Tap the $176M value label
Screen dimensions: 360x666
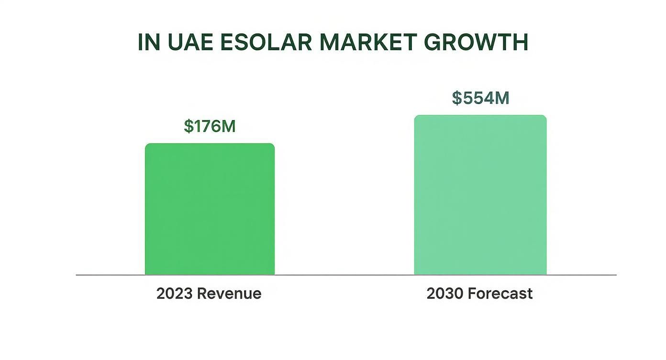coord(210,126)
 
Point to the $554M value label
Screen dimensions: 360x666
coord(480,98)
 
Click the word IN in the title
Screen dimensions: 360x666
coord(149,43)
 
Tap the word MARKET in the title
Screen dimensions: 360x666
coord(367,43)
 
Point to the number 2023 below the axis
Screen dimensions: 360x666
coord(174,293)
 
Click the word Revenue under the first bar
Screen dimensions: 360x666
coord(229,293)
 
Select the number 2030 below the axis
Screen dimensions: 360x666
coord(444,293)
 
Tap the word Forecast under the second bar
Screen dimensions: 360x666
coord(500,293)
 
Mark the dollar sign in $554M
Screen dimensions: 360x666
coord(457,98)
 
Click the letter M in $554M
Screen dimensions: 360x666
coord(501,98)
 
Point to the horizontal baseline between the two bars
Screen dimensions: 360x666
coord(344,275)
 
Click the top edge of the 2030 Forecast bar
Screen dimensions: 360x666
coord(480,115)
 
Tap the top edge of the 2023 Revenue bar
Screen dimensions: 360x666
coord(210,144)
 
